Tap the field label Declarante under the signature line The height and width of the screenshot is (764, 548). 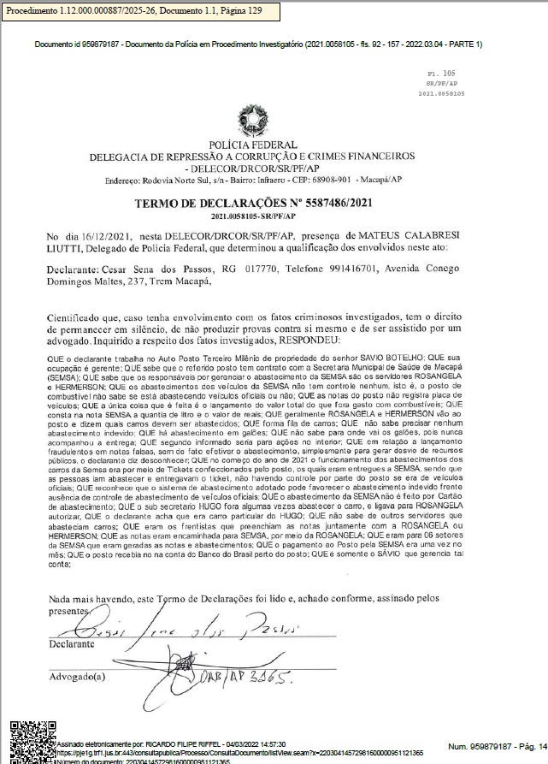click(x=71, y=643)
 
